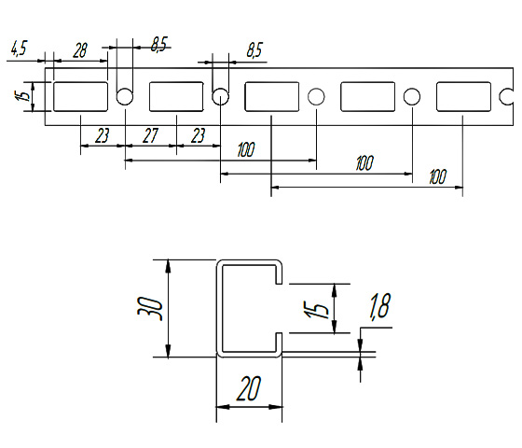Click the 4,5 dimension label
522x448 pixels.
pos(19,49)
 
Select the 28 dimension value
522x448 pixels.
pos(80,51)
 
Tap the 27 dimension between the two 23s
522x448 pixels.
pos(150,135)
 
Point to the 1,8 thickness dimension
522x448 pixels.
pos(380,306)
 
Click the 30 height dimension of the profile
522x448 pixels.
pos(150,309)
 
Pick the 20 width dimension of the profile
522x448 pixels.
pos(248,388)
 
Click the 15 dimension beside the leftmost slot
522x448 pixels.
pos(23,96)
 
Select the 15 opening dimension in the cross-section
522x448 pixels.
pos(316,309)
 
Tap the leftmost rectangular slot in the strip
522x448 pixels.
pos(80,97)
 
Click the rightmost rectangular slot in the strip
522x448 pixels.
pos(463,97)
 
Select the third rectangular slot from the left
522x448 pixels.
pos(272,97)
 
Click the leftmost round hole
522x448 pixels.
pos(125,97)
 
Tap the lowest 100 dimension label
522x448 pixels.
pos(437,176)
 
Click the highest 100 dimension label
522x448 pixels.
pos(246,149)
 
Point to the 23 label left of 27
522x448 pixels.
pos(102,135)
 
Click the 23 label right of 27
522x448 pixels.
pos(198,135)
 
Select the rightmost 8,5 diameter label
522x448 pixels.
pos(254,50)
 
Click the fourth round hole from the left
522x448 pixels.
pos(412,97)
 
